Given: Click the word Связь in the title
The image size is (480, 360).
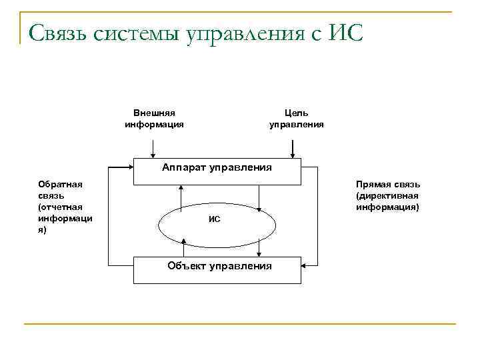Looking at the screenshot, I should (x=61, y=31).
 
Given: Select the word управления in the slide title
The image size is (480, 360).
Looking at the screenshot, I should (x=257, y=33).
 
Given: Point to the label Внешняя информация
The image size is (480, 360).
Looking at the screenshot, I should (x=154, y=119).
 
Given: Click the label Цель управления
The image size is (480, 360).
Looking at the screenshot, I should (x=296, y=119).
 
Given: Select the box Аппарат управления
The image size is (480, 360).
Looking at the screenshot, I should (x=217, y=167).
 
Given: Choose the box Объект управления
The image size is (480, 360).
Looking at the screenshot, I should (x=217, y=266).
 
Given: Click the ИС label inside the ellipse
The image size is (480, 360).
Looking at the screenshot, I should (x=214, y=219).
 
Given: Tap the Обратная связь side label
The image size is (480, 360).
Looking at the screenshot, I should (x=65, y=207).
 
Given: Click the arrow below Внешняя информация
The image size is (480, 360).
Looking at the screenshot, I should (x=154, y=147).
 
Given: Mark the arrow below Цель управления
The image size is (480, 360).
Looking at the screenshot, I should (x=295, y=147).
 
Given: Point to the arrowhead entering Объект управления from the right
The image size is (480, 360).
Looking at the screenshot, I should (x=305, y=265).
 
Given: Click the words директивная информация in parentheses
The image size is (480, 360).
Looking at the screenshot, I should (x=387, y=201).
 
